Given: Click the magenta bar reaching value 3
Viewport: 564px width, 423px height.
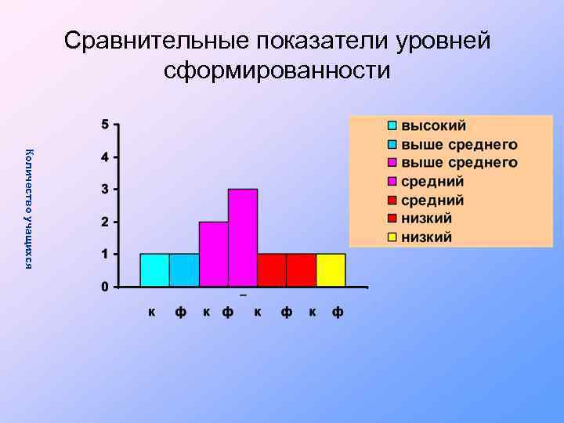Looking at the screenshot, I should click(x=243, y=237).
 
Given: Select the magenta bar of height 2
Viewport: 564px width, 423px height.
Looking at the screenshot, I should click(x=214, y=254).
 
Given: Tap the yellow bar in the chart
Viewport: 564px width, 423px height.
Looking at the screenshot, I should click(x=331, y=270).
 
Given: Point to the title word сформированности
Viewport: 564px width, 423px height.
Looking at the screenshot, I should click(x=277, y=71).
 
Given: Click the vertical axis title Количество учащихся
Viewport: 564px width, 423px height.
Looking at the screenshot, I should click(x=29, y=208).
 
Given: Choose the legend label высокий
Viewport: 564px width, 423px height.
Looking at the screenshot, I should click(x=434, y=125).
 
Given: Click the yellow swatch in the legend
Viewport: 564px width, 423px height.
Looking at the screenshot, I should click(x=392, y=237).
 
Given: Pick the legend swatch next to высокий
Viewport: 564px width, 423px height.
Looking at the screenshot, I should click(x=392, y=125).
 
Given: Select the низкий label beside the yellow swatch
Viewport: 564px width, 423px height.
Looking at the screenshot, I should click(x=427, y=237).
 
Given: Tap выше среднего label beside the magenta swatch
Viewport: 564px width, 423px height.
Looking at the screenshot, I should click(x=460, y=163).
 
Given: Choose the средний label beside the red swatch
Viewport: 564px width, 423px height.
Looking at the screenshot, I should click(x=433, y=200).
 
